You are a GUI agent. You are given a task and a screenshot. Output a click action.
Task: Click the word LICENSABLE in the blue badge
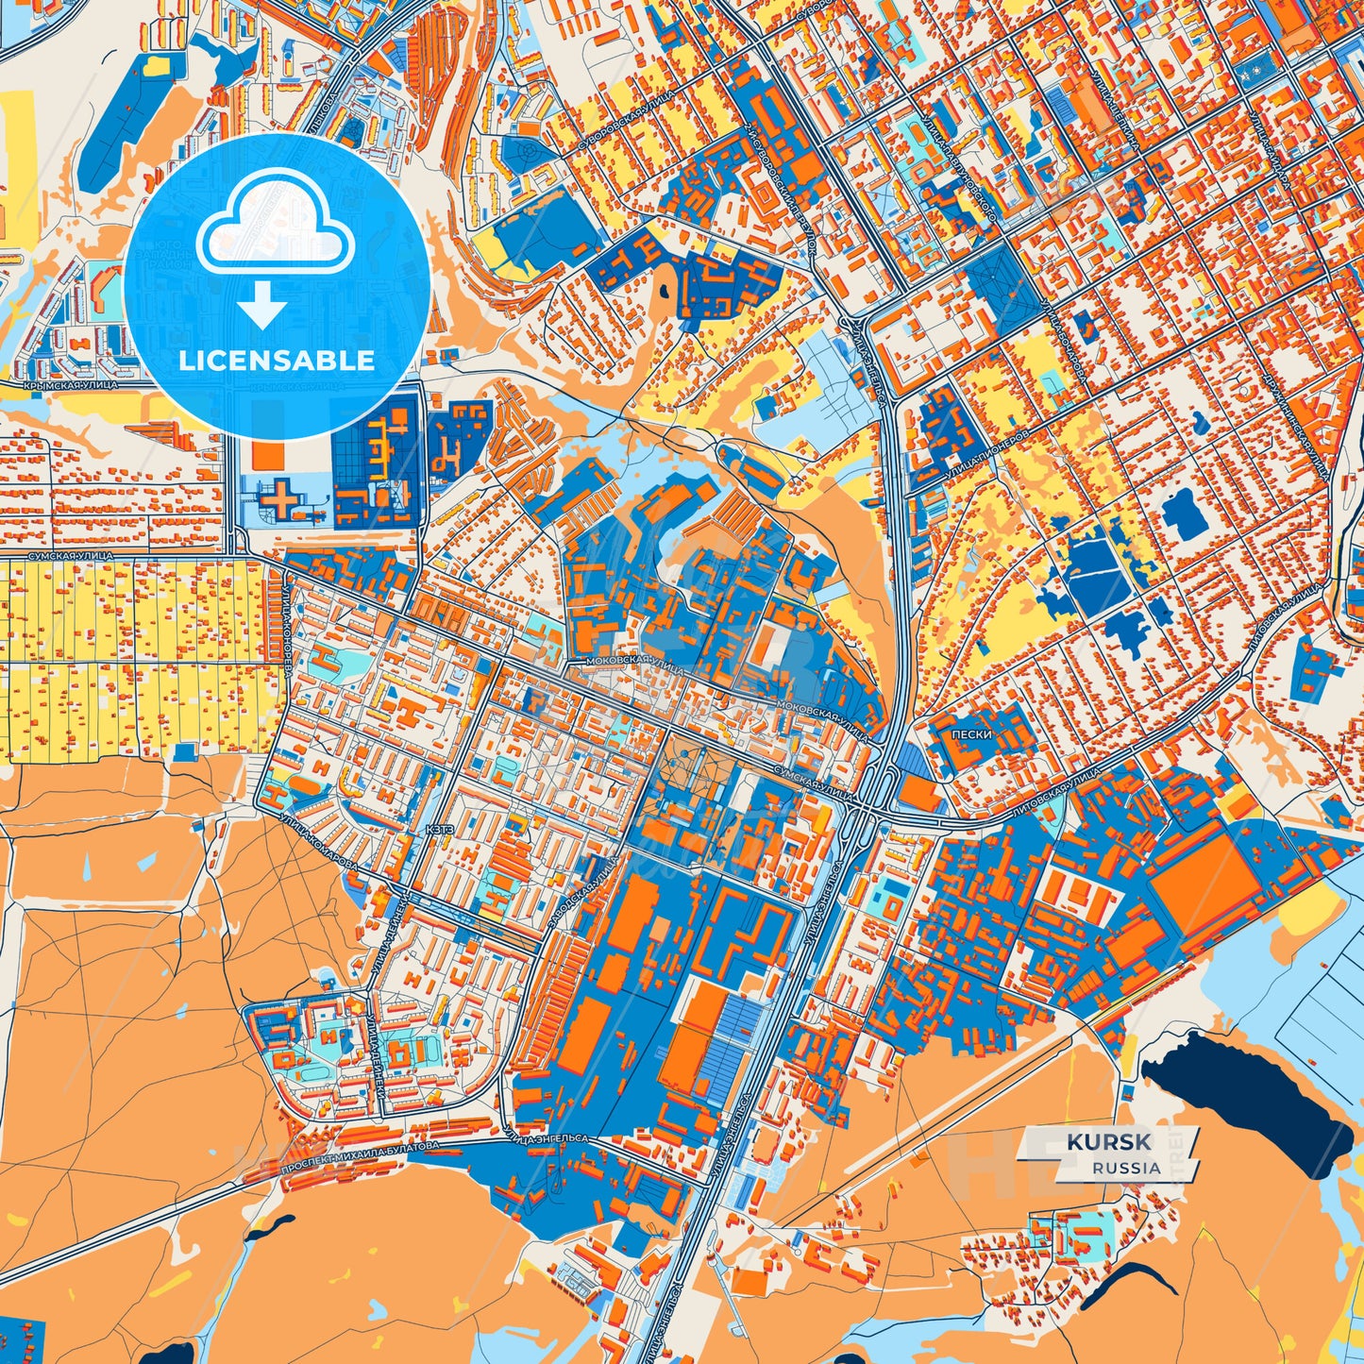277,361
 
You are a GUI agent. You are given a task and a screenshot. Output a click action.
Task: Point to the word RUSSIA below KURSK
1127,1168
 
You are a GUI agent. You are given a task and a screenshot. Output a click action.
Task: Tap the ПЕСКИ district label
972,733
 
